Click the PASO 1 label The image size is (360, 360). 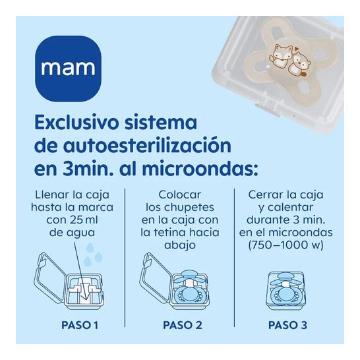[x=80, y=325]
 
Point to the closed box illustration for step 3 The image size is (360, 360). [x=287, y=288]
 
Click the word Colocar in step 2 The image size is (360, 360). [x=180, y=195]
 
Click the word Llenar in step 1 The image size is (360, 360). [x=51, y=195]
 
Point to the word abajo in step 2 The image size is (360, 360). [x=180, y=245]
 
